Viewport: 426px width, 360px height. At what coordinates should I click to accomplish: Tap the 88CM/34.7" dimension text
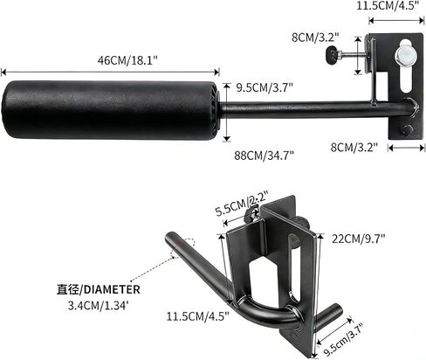(265, 155)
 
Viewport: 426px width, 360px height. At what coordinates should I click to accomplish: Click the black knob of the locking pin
(333, 61)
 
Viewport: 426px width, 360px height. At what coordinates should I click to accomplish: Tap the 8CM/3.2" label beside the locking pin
(314, 38)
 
